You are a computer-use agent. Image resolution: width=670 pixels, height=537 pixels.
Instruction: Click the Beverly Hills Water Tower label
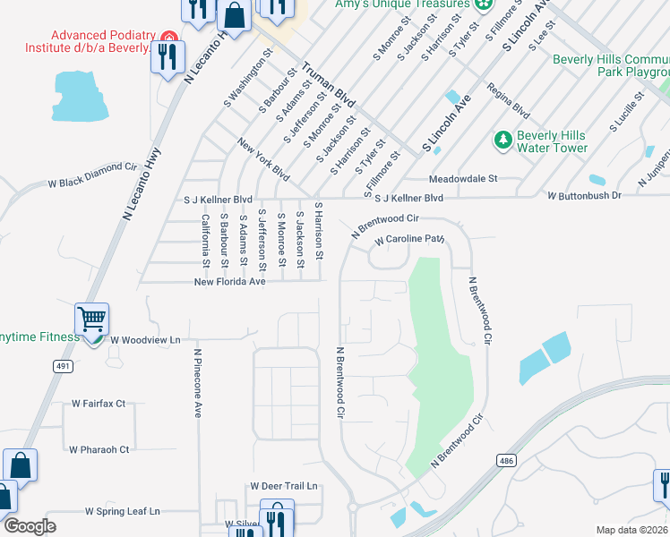pyautogui.click(x=553, y=141)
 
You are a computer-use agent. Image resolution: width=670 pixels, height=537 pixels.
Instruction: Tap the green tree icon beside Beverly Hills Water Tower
pyautogui.click(x=502, y=141)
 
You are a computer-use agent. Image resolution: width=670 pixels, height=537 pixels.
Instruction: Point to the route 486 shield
pyautogui.click(x=506, y=459)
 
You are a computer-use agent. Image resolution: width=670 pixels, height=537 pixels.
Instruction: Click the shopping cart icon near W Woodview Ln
pyautogui.click(x=92, y=320)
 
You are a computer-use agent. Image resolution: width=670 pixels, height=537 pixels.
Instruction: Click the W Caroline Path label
pyautogui.click(x=409, y=240)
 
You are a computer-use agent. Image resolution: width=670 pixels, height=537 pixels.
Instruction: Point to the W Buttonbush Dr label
pyautogui.click(x=583, y=195)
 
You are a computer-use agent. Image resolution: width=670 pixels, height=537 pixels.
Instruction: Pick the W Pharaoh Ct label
pyautogui.click(x=99, y=449)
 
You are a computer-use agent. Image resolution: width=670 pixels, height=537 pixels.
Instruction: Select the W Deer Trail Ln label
pyautogui.click(x=284, y=486)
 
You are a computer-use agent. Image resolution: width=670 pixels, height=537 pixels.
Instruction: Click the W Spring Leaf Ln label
pyautogui.click(x=122, y=511)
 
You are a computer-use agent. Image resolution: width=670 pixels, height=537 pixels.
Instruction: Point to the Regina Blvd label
pyautogui.click(x=508, y=99)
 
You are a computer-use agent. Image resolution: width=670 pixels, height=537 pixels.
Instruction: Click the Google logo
pyautogui.click(x=30, y=526)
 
